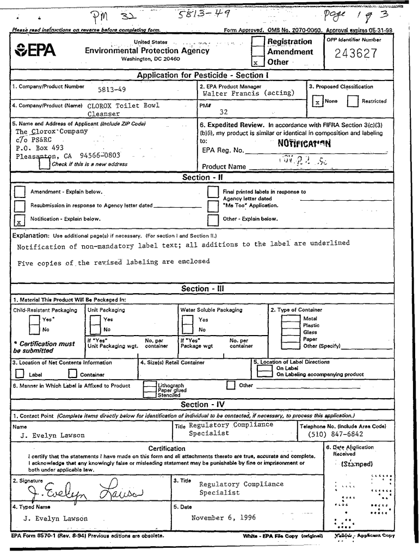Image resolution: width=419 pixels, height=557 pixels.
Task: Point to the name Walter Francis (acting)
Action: pyautogui.click(x=248, y=94)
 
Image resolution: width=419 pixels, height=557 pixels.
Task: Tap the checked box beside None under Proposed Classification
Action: pyautogui.click(x=317, y=102)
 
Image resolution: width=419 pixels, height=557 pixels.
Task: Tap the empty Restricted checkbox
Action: pyautogui.click(x=353, y=102)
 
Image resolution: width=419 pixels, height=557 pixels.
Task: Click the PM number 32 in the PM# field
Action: pyautogui.click(x=223, y=112)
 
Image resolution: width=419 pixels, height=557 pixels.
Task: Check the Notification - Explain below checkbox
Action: pyautogui.click(x=19, y=220)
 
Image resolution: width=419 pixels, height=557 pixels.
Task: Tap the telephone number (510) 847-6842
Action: pyautogui.click(x=336, y=435)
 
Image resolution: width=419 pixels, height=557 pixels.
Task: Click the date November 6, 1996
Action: pyautogui.click(x=224, y=518)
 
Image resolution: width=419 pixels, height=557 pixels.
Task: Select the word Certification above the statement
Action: pyautogui.click(x=167, y=448)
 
